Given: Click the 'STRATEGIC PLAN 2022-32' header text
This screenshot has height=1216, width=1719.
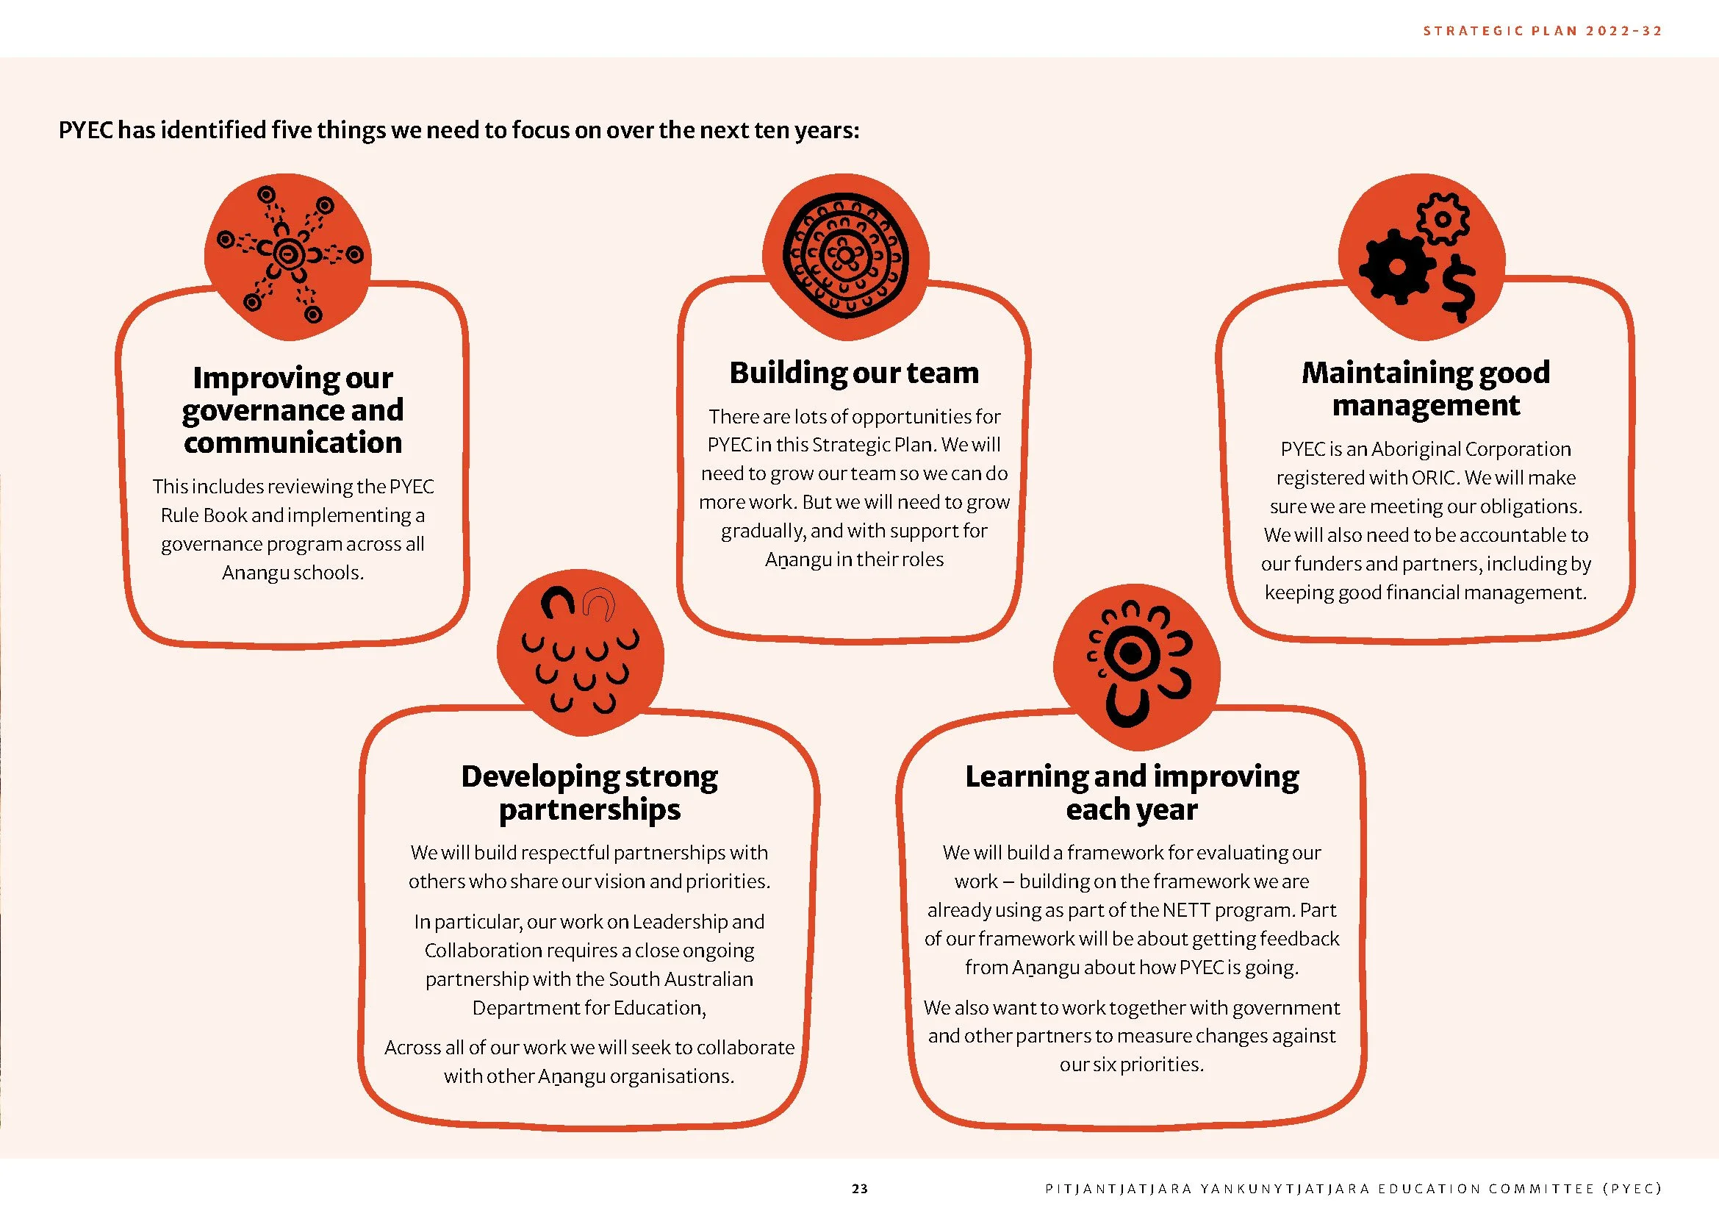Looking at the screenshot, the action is click(x=1542, y=31).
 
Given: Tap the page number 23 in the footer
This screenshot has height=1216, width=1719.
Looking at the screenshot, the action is click(x=860, y=1188).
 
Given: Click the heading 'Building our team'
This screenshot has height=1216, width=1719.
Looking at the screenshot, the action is click(x=854, y=372).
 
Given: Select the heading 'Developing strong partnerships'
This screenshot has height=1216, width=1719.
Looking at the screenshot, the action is click(x=589, y=793).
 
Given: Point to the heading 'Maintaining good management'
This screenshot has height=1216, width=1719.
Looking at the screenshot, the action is click(x=1426, y=389).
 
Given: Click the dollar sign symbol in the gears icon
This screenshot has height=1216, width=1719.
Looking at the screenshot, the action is click(x=1458, y=288).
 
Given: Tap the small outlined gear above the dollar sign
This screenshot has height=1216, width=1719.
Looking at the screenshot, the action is click(x=1443, y=218).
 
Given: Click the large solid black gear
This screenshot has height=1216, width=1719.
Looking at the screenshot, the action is click(x=1396, y=268).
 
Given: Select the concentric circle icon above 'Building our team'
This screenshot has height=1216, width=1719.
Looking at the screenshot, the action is click(x=845, y=256).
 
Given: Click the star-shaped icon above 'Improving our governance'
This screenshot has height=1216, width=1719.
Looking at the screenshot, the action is click(x=288, y=255).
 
